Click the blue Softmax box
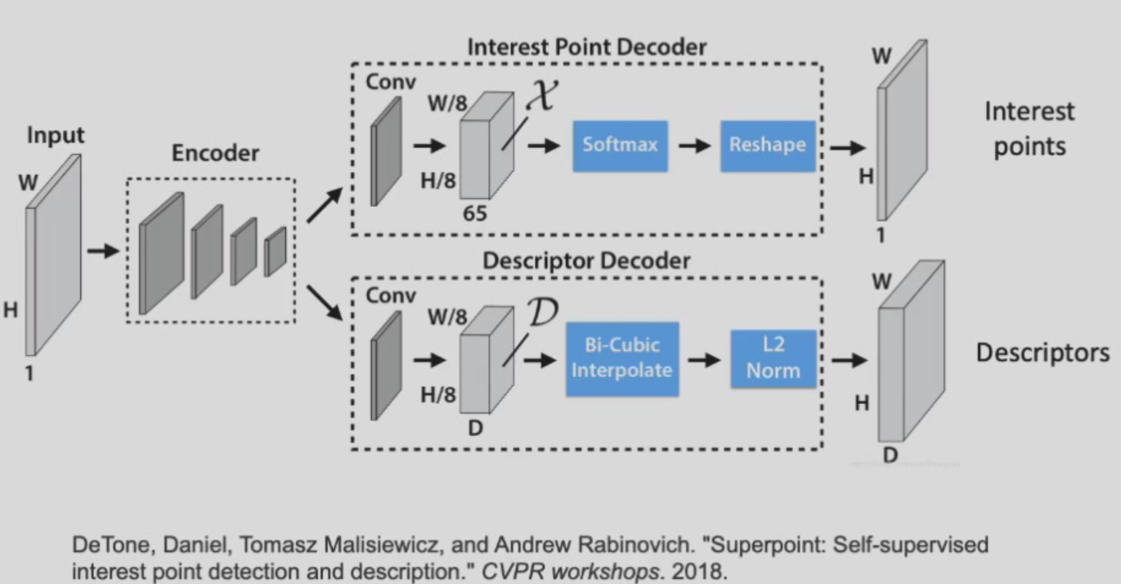[x=620, y=146]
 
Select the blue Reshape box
[x=767, y=146]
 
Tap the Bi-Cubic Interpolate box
[x=621, y=357]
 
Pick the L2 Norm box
[x=773, y=358]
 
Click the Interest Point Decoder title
[x=586, y=47]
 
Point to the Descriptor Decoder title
[x=586, y=261]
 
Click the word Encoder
[x=215, y=154]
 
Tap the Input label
[x=56, y=135]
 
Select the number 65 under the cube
[x=474, y=214]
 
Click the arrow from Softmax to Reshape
[x=694, y=146]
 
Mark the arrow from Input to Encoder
[x=103, y=250]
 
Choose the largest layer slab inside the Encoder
[x=161, y=254]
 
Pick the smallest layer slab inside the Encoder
[x=275, y=251]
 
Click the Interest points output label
[x=1029, y=128]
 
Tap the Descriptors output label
[x=1043, y=353]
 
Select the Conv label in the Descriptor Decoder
[x=391, y=295]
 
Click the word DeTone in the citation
[x=103, y=545]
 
